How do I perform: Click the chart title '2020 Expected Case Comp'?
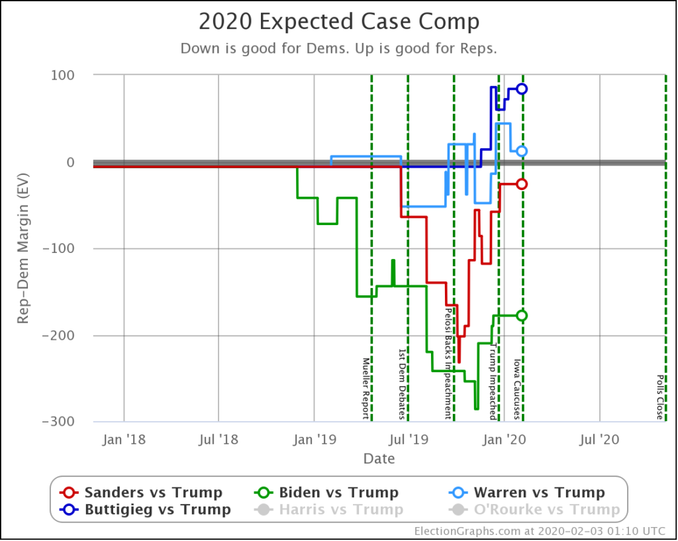[339, 22]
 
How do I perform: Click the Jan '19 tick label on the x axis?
[314, 438]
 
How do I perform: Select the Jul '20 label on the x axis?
[600, 438]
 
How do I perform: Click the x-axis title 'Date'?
[379, 459]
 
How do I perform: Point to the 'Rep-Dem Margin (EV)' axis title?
[23, 249]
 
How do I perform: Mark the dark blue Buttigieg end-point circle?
[522, 89]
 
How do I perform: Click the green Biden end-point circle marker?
[522, 316]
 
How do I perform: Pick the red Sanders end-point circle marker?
[522, 184]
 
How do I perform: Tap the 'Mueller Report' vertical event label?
[365, 389]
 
